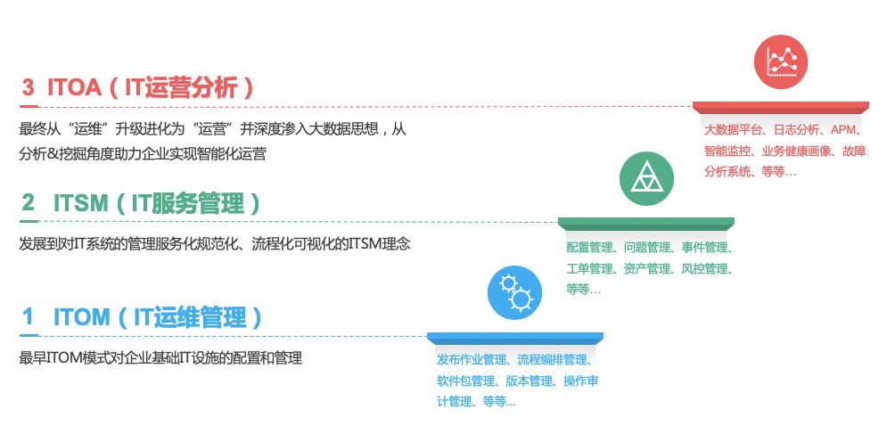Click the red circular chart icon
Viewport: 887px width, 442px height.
click(781, 61)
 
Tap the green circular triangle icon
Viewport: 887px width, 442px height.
click(646, 178)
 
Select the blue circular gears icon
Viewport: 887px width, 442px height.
click(514, 293)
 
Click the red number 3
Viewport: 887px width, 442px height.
click(29, 88)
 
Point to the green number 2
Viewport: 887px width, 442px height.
click(29, 202)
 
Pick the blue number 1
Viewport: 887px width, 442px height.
click(28, 317)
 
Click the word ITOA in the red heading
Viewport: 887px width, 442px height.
click(74, 88)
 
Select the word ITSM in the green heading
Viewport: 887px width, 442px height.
click(80, 203)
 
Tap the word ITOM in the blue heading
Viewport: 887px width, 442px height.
click(81, 317)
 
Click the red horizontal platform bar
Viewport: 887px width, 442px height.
click(781, 106)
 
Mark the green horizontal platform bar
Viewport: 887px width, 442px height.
click(646, 222)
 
